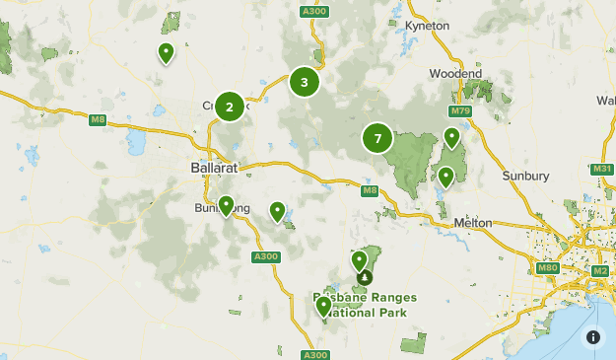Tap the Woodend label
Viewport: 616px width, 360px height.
(x=455, y=74)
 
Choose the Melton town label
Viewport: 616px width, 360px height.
(x=473, y=223)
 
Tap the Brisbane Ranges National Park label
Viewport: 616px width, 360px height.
(x=365, y=305)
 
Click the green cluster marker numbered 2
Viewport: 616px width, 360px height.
(x=230, y=107)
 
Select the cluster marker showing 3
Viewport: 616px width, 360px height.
(x=305, y=83)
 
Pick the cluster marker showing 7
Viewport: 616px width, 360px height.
(x=377, y=138)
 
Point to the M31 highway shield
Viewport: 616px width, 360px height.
(x=602, y=170)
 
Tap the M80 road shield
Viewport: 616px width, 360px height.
(x=548, y=268)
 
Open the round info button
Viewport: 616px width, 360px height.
(x=593, y=337)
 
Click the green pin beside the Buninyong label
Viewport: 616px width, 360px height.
(x=226, y=205)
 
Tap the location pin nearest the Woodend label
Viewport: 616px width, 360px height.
(x=452, y=137)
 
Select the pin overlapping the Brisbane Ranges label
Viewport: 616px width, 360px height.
(x=323, y=307)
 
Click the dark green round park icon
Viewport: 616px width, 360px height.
(x=365, y=277)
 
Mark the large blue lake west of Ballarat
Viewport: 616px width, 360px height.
(x=135, y=145)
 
